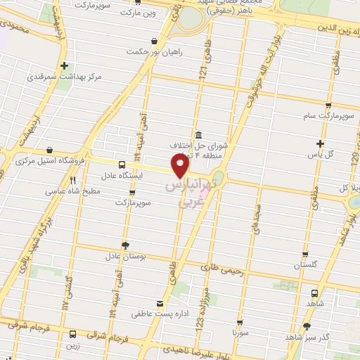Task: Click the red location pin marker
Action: point(181,166)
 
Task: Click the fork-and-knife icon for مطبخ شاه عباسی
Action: point(72,179)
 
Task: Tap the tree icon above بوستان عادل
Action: point(126,245)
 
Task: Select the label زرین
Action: point(72,346)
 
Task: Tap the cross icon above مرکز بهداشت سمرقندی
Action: point(64,64)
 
